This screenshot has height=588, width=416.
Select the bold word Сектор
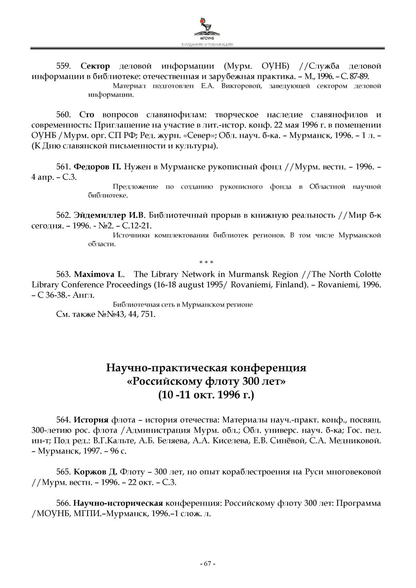point(95,66)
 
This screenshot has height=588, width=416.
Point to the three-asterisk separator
point(207,262)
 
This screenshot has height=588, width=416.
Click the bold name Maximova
point(92,274)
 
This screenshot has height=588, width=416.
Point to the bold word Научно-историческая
point(118,503)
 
